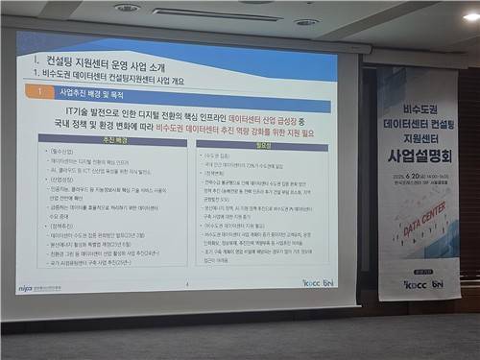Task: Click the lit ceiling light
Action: (470, 16)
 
